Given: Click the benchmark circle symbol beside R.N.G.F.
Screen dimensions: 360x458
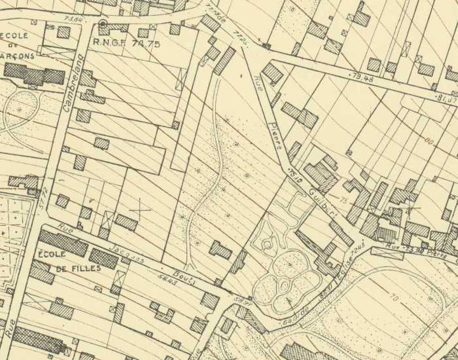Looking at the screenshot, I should [x=103, y=25].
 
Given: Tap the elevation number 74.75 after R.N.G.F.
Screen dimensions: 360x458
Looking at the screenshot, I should [x=148, y=44].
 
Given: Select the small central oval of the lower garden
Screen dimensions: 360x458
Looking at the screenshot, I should [x=285, y=286].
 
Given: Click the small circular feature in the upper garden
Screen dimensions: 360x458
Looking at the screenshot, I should [x=266, y=245].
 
